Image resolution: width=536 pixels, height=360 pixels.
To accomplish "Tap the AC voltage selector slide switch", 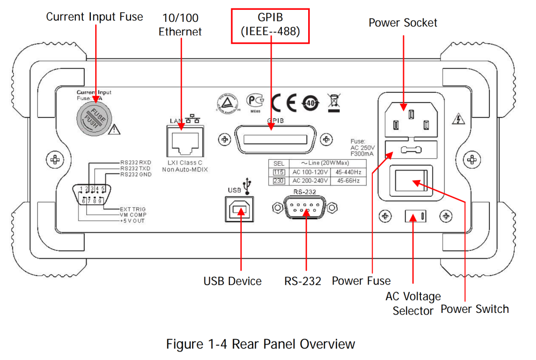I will (x=415, y=216).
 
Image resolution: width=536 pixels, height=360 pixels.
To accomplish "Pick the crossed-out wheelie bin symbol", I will (x=333, y=102).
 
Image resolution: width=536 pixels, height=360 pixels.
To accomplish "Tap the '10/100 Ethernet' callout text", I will (x=180, y=25).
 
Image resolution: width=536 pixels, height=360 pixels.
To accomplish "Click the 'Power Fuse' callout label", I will (x=361, y=281).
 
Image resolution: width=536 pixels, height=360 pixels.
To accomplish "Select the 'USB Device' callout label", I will (x=232, y=281).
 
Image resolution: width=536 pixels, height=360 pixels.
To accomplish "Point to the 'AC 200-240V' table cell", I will (x=310, y=181).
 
